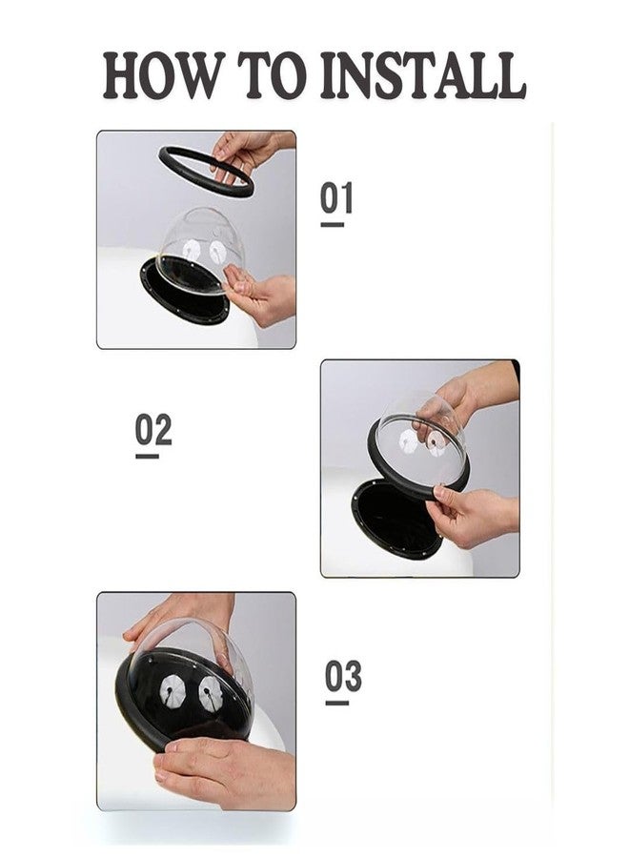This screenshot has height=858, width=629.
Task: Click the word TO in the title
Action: tap(270, 74)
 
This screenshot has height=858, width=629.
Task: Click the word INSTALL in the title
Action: tap(423, 74)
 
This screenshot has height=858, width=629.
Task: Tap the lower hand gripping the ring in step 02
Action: tap(471, 515)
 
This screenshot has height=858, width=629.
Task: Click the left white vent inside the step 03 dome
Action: tap(171, 689)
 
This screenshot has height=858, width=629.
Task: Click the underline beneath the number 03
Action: tap(337, 703)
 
